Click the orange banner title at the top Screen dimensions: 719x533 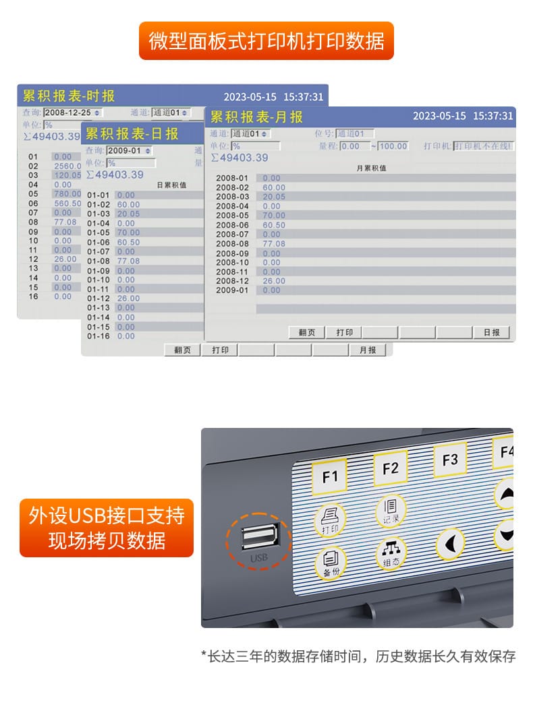click(x=266, y=41)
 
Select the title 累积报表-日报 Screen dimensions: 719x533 click(x=132, y=133)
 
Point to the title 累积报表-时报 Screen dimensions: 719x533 click(x=69, y=96)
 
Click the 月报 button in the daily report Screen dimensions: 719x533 click(x=368, y=350)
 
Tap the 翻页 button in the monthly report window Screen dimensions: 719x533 click(x=307, y=333)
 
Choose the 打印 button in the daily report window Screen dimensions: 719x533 click(x=220, y=350)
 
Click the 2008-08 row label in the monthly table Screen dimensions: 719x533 click(x=232, y=244)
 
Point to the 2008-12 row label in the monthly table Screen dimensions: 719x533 click(x=232, y=281)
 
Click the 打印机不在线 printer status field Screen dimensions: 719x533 click(x=483, y=146)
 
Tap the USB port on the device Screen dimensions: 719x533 click(x=258, y=537)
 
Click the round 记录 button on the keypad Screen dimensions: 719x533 click(x=391, y=510)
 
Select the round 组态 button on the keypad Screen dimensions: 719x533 click(x=391, y=554)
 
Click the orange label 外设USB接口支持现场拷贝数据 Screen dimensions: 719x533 click(x=107, y=528)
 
